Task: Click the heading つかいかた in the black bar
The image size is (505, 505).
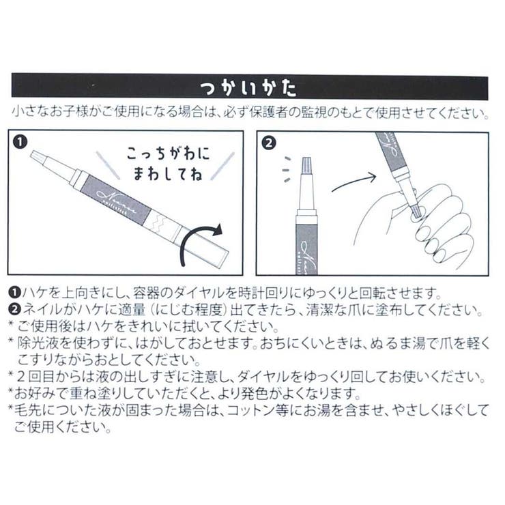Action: tap(248, 88)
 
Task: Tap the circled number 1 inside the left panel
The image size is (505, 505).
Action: tap(20, 142)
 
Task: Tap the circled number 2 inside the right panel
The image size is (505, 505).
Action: tap(269, 143)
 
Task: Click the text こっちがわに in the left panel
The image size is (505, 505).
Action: tap(168, 154)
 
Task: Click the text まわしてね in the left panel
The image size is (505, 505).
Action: tap(168, 173)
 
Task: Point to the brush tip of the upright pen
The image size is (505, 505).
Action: tap(306, 164)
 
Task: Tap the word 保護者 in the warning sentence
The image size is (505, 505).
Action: tap(268, 113)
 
